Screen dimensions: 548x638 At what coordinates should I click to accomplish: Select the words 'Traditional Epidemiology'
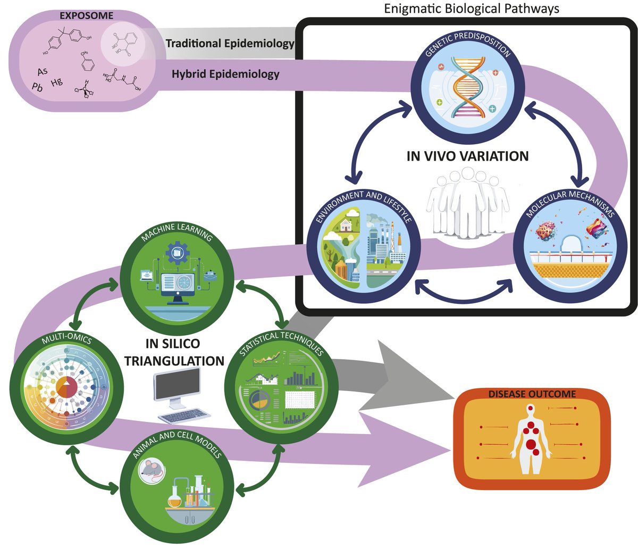pyautogui.click(x=230, y=44)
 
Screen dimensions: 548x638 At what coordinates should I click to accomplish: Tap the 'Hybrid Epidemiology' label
pyautogui.click(x=225, y=74)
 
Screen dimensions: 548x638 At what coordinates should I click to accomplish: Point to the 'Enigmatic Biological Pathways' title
pyautogui.click(x=472, y=8)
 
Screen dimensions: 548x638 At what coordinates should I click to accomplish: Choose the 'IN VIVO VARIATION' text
pyautogui.click(x=467, y=156)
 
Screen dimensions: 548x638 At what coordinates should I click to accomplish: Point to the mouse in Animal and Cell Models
pyautogui.click(x=150, y=471)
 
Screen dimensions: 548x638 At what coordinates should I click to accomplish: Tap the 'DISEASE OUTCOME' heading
pyautogui.click(x=532, y=394)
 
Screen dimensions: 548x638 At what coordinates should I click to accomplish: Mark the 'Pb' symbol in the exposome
pyautogui.click(x=37, y=87)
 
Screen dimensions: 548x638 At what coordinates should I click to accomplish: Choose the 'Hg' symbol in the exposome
pyautogui.click(x=57, y=82)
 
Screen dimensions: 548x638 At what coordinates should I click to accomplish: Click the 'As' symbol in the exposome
pyautogui.click(x=43, y=71)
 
